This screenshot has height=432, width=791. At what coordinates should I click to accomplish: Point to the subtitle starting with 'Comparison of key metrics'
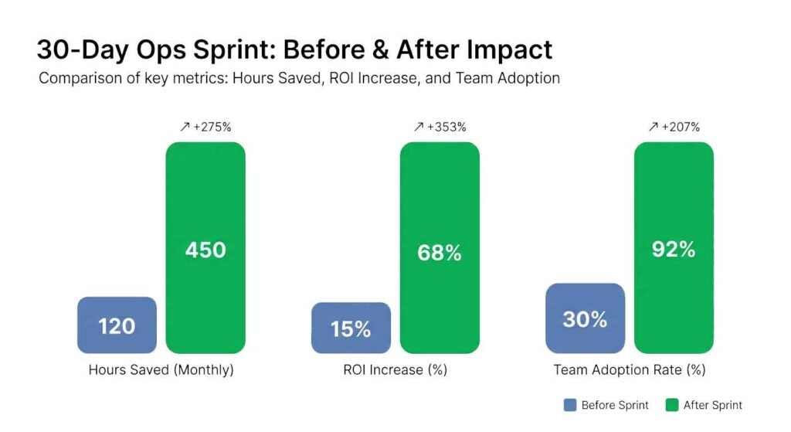(299, 78)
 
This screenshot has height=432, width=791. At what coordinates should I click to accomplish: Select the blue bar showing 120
(117, 325)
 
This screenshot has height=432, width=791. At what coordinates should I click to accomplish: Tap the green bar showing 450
(205, 248)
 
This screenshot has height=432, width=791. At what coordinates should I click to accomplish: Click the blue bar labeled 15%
(351, 328)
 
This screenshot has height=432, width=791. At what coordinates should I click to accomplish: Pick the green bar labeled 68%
(440, 248)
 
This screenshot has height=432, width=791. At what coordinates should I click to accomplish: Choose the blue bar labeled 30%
(585, 318)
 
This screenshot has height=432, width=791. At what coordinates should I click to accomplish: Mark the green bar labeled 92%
(674, 248)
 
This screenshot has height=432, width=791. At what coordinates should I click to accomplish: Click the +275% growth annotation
(205, 128)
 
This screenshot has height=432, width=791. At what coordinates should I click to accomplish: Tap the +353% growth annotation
(440, 128)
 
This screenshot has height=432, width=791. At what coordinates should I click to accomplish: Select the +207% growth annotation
(674, 128)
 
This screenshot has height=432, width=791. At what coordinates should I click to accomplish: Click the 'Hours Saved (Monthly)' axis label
(161, 370)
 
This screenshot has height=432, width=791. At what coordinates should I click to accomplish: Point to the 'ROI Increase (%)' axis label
(395, 370)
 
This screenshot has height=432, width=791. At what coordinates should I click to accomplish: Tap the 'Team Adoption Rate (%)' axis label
(630, 370)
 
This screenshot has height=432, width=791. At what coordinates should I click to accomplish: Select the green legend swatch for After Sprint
(670, 405)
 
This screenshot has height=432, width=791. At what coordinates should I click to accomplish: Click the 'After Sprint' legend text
(712, 405)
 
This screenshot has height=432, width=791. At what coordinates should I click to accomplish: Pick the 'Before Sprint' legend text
(614, 405)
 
